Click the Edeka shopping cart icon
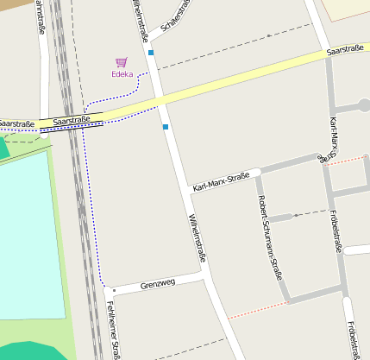point(122,62)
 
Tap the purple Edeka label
point(122,74)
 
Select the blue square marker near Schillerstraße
point(151,53)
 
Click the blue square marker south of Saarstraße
point(165,127)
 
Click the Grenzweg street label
point(158,282)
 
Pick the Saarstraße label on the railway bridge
point(72,120)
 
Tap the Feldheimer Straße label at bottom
point(113,332)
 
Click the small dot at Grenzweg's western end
point(113,290)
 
